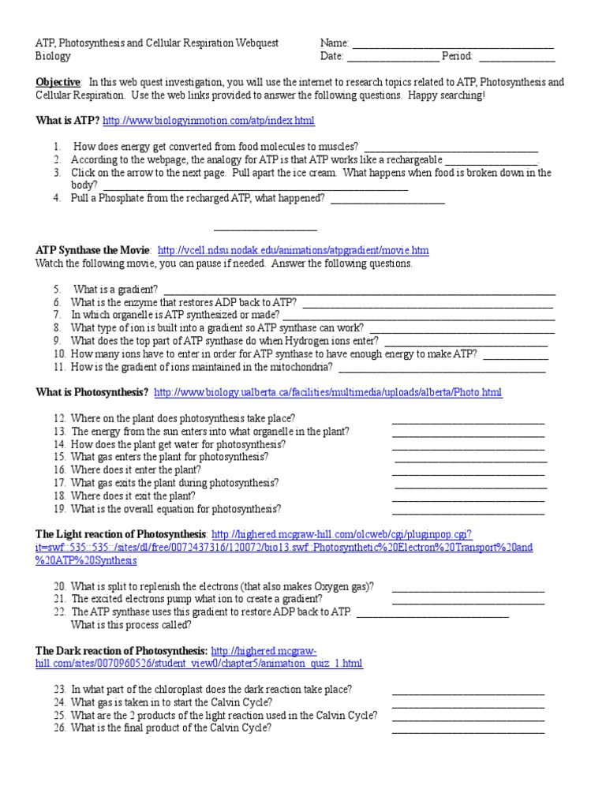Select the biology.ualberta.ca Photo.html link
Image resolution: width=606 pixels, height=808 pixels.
click(327, 392)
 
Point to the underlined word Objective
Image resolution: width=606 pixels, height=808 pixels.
click(58, 82)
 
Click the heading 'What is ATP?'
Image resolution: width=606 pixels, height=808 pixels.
click(68, 121)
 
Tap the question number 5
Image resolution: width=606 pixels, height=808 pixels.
click(58, 290)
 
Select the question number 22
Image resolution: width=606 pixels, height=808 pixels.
click(60, 612)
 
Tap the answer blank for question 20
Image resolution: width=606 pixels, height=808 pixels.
click(468, 589)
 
